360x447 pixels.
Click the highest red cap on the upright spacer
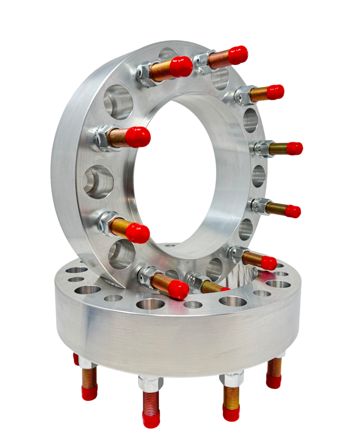tap(238, 55)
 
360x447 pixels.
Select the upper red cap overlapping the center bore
tap(138, 137)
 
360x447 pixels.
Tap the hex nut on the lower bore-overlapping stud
tap(105, 224)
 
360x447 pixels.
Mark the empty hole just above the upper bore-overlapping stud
tap(118, 102)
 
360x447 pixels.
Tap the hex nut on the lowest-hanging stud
tap(151, 383)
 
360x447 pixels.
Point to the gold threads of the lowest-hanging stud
tap(151, 402)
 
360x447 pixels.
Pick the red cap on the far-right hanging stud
tap(273, 381)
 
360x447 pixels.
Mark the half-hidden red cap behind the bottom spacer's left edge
tap(76, 359)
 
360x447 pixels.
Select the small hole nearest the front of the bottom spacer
tap(193, 305)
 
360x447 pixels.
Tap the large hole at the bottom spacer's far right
tap(278, 284)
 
